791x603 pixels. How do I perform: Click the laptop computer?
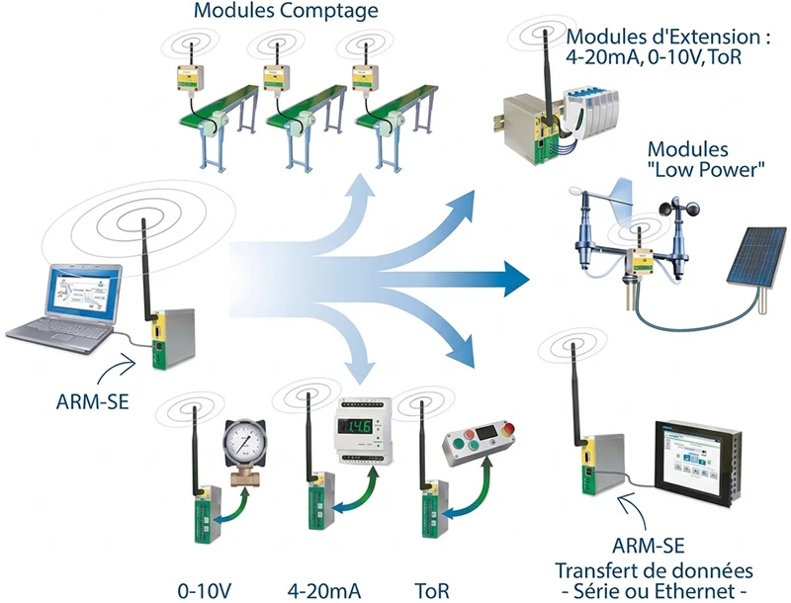tap(65, 306)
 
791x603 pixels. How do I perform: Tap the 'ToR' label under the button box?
tap(432, 590)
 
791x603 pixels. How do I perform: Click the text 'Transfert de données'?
tap(653, 570)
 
